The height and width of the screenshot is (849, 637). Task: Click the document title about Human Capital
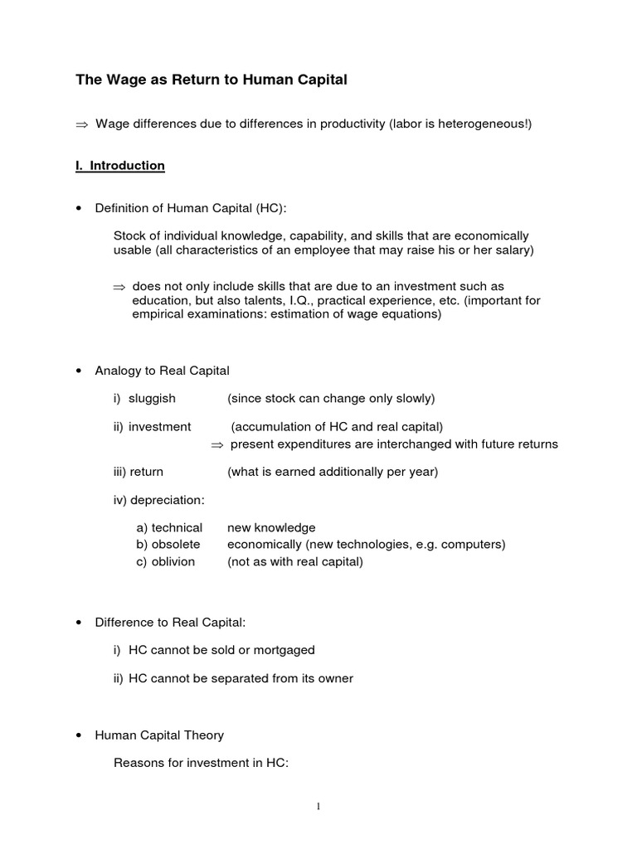212,80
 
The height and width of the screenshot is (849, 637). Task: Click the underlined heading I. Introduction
120,166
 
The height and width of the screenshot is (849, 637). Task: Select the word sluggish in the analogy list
152,399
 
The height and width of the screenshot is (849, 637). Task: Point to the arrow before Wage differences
80,124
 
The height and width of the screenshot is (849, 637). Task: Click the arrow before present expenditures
217,444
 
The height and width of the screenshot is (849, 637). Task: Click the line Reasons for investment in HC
201,764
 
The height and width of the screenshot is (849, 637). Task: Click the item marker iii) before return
124,472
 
